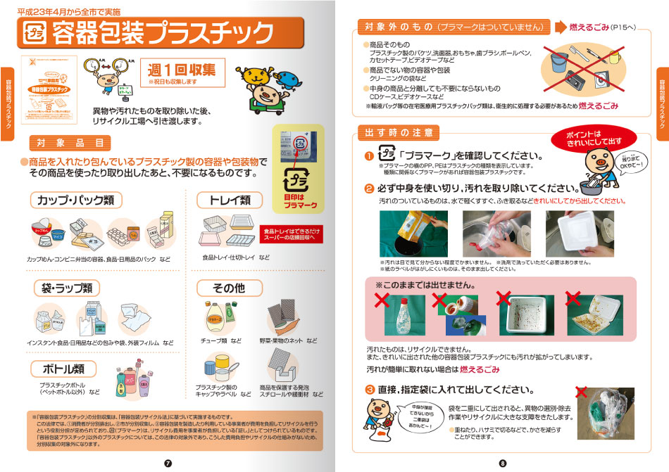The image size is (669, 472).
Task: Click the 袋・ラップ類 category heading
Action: [x=67, y=288]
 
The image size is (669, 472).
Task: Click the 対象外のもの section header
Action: [x=451, y=27]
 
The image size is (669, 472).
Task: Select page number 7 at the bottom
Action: [x=168, y=462]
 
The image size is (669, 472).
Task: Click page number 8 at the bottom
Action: [x=502, y=462]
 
